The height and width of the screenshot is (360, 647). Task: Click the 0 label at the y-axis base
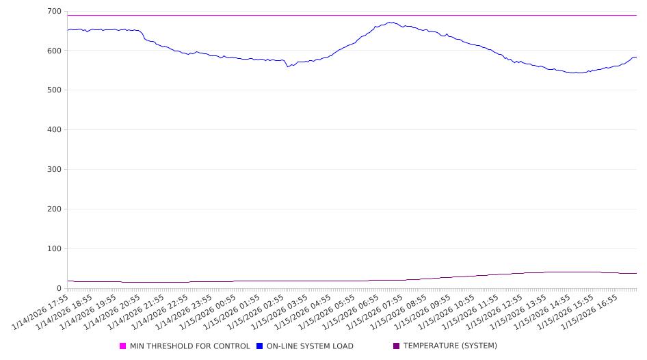[60, 289]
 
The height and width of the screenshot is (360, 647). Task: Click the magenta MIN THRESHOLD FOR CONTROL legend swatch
[123, 346]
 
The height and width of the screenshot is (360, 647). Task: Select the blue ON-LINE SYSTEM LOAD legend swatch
[260, 346]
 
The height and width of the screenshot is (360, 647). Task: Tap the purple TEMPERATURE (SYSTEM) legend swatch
[397, 346]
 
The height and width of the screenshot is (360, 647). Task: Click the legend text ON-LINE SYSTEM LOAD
[310, 346]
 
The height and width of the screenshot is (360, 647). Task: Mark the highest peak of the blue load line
[391, 22]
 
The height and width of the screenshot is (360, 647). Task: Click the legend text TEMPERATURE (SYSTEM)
[450, 346]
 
